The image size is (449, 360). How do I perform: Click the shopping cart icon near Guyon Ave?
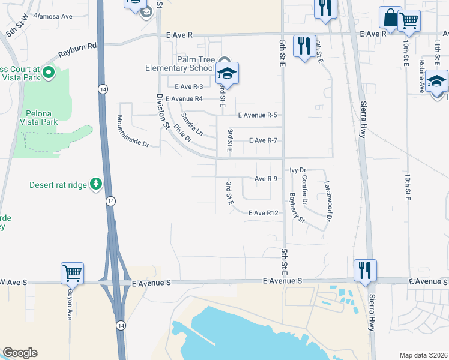(x=72, y=273)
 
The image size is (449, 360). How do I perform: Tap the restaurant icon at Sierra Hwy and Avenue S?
(x=365, y=269)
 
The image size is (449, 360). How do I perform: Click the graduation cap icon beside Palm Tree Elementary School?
(x=227, y=74)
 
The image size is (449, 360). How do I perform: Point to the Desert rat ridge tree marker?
(x=95, y=185)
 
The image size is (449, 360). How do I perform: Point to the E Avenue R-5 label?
(x=257, y=115)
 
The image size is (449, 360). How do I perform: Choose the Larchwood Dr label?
(x=328, y=200)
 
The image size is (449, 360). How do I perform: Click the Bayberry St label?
(x=298, y=208)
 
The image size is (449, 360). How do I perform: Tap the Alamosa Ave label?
(x=53, y=16)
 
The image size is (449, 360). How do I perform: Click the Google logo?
(x=20, y=353)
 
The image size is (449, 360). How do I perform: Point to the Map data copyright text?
(x=423, y=355)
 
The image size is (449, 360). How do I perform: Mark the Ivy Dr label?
(x=298, y=170)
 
